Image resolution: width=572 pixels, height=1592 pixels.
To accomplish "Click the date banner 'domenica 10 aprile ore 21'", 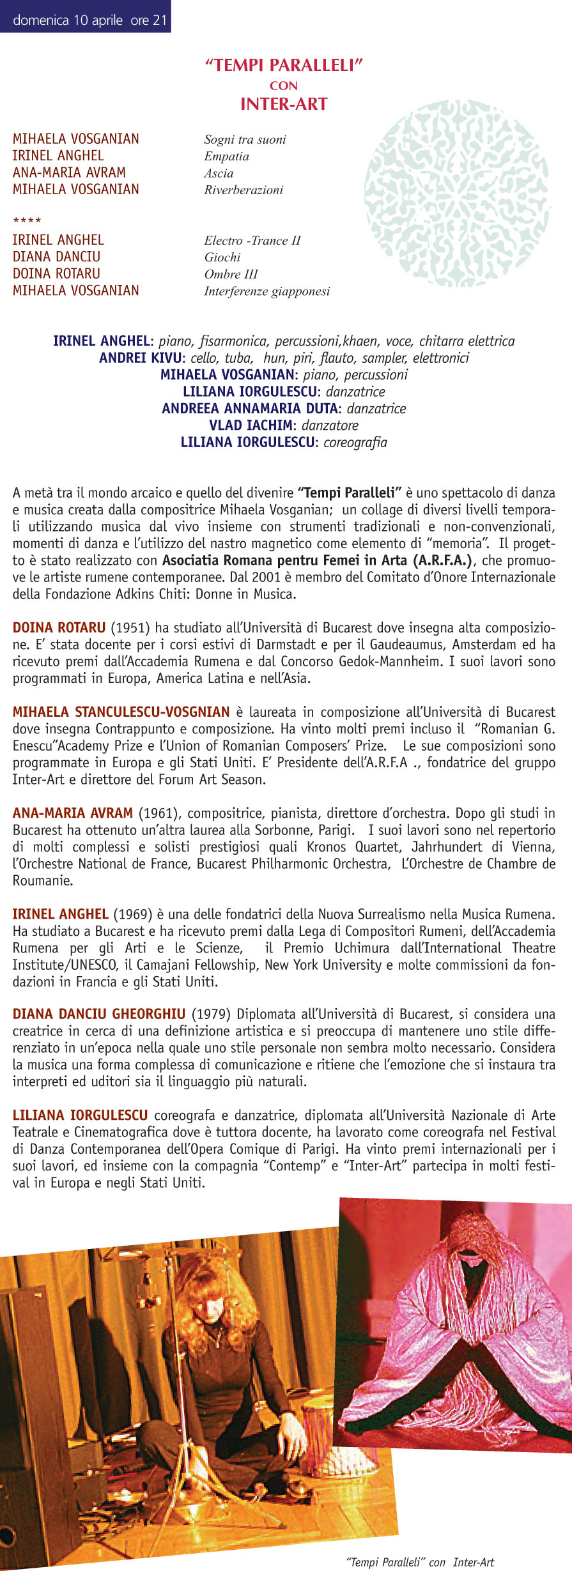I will pyautogui.click(x=89, y=20).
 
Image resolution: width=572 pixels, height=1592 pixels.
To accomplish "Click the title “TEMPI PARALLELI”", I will pyautogui.click(x=284, y=65).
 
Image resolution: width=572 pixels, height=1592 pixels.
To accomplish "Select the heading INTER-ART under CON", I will pyautogui.click(x=284, y=104).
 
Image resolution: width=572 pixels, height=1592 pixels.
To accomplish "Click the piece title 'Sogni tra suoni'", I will pyautogui.click(x=245, y=139).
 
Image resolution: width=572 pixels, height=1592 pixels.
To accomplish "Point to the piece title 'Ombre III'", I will pyautogui.click(x=231, y=274).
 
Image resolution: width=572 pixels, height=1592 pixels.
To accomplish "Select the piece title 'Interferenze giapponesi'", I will pyautogui.click(x=267, y=291).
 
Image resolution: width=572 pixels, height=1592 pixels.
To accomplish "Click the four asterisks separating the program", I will pyautogui.click(x=27, y=222).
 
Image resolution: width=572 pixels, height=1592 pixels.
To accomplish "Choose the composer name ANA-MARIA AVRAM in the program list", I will pyautogui.click(x=69, y=172).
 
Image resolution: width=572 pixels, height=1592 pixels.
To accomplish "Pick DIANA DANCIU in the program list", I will pyautogui.click(x=56, y=257).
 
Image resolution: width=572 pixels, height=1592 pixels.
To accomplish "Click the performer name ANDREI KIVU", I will pyautogui.click(x=140, y=358).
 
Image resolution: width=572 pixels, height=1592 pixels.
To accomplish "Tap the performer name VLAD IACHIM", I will pyautogui.click(x=251, y=425).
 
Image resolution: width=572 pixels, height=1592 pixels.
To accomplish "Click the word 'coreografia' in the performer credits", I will pyautogui.click(x=355, y=442).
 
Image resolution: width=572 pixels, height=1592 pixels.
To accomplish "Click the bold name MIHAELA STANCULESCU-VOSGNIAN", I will pyautogui.click(x=121, y=712).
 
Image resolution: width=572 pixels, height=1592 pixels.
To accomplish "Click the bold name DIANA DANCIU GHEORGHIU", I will pyautogui.click(x=99, y=1014).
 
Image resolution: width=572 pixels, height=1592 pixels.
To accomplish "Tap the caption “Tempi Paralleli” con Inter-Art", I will pyautogui.click(x=420, y=1562).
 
